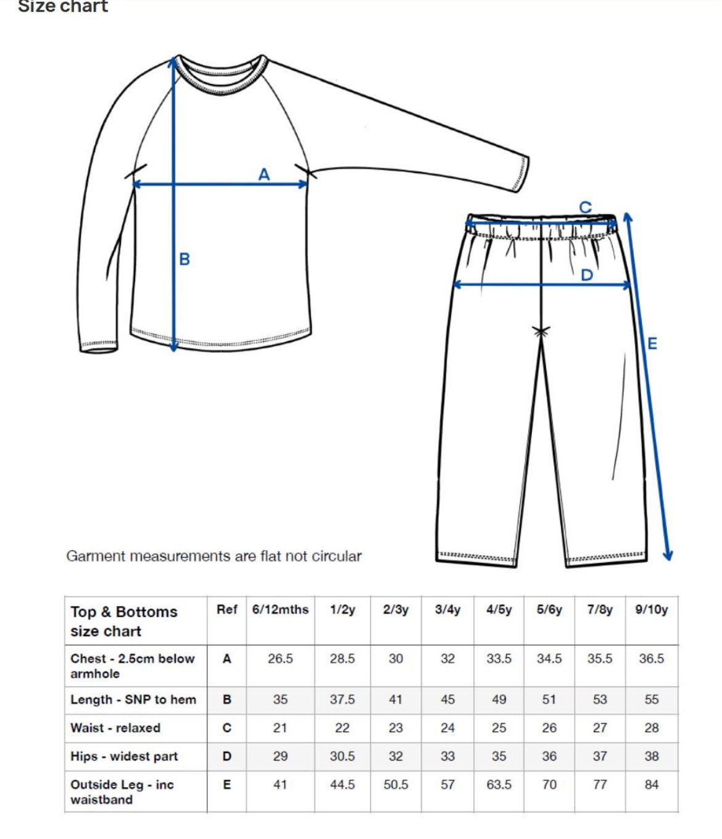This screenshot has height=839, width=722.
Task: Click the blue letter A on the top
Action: [264, 175]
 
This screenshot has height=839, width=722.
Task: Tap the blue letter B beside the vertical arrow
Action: [185, 259]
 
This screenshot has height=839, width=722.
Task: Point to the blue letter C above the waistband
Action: [585, 208]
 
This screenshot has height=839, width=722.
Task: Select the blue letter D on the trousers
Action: [586, 275]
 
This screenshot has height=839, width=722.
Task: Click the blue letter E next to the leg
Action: [652, 344]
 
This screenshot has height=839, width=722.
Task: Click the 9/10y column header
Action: [652, 610]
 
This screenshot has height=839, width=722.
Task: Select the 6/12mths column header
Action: [280, 610]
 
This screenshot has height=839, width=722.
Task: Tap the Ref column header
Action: [226, 610]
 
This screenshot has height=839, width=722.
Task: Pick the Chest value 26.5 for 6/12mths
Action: [280, 659]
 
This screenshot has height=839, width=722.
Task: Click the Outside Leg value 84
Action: [652, 785]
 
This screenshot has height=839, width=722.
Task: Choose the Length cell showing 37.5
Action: [342, 699]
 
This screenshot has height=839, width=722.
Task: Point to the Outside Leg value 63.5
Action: [499, 785]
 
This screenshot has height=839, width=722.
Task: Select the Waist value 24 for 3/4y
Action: [447, 728]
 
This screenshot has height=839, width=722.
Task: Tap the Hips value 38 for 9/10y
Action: [652, 756]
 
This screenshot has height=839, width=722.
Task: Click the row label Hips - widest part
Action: [124, 756]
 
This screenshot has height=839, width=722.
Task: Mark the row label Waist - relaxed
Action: [115, 728]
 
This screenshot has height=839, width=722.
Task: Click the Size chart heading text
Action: [63, 7]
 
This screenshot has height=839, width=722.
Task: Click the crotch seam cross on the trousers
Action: [541, 332]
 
